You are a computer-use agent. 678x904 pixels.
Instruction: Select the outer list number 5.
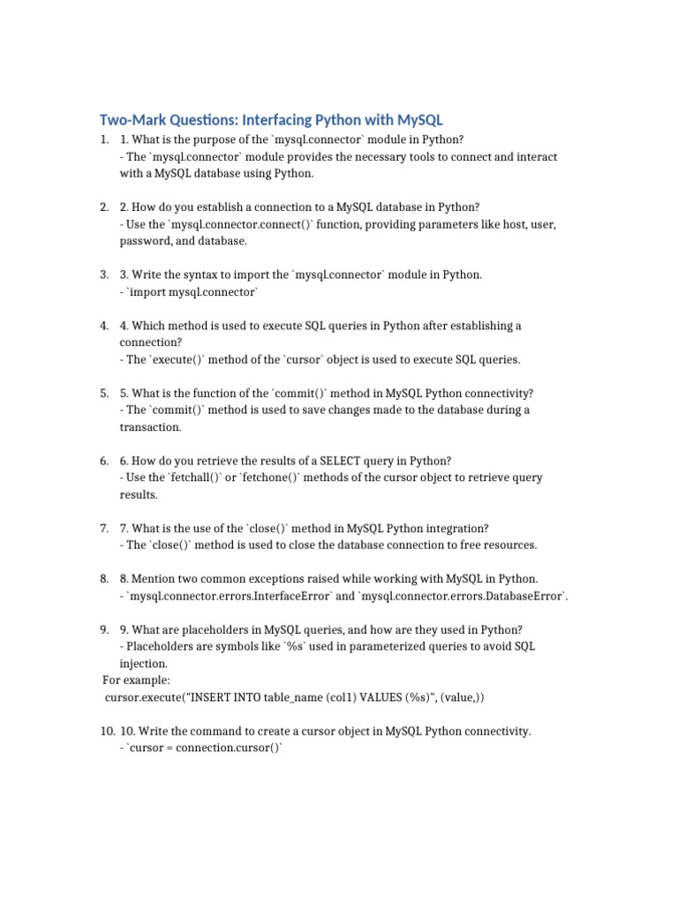pyautogui.click(x=104, y=393)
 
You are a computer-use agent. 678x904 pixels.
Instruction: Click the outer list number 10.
pyautogui.click(x=107, y=731)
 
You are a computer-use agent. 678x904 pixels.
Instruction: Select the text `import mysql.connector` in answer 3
pyautogui.click(x=193, y=291)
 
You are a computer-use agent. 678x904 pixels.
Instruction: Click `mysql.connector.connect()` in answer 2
pyautogui.click(x=227, y=224)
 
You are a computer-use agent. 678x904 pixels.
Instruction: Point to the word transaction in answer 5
pyautogui.click(x=150, y=427)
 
